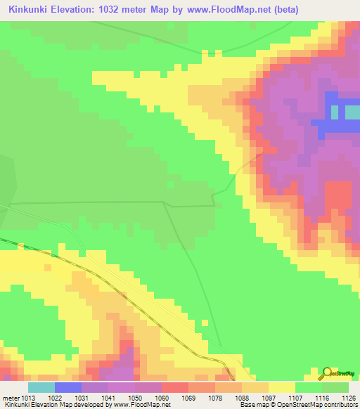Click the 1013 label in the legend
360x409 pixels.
click(28, 398)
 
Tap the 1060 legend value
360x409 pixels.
click(162, 398)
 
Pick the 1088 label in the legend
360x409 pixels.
click(241, 398)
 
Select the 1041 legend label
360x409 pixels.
click(108, 398)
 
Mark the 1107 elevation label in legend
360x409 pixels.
click(295, 398)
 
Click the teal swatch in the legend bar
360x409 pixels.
click(41, 387)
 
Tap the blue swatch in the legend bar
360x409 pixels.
click(68, 387)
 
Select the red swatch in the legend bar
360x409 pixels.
click(175, 387)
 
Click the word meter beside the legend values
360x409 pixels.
click(11, 398)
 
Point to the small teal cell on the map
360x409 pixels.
click(352, 112)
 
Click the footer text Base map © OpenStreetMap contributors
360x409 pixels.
click(299, 405)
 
